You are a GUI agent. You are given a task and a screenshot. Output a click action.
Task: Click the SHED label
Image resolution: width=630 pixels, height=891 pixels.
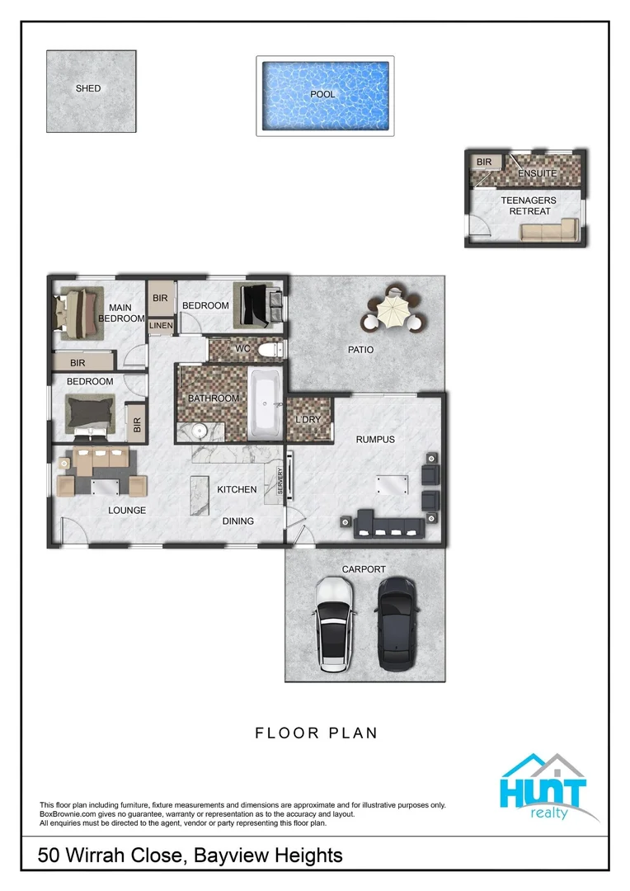pyautogui.click(x=88, y=88)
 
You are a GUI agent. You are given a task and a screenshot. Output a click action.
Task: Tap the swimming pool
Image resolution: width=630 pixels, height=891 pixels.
pyautogui.click(x=324, y=96)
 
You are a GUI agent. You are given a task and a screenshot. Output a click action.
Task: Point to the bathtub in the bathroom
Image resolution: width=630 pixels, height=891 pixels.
pyautogui.click(x=266, y=404)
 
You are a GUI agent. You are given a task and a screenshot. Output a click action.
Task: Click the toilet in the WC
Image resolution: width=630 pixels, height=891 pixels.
pyautogui.click(x=269, y=350)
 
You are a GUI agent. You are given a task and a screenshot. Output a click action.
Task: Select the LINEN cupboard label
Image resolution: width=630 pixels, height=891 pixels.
pyautogui.click(x=161, y=326)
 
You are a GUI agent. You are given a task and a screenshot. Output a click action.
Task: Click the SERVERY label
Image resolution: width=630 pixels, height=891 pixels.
pyautogui.click(x=280, y=481)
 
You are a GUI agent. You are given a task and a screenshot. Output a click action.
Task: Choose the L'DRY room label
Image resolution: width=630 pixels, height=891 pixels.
pyautogui.click(x=308, y=419)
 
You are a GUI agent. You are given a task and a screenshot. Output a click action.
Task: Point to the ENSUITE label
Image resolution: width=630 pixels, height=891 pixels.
pyautogui.click(x=537, y=174)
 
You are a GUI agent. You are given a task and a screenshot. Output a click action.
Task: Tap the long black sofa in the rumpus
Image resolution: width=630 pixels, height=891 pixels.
pyautogui.click(x=388, y=526)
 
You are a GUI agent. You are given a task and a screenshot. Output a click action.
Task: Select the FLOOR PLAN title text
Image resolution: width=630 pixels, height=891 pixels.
pyautogui.click(x=316, y=733)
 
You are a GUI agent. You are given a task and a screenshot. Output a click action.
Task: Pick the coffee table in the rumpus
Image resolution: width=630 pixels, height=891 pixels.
pyautogui.click(x=393, y=486)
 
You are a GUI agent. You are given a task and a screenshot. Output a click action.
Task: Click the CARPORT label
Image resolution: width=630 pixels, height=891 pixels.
pyautogui.click(x=364, y=569)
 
